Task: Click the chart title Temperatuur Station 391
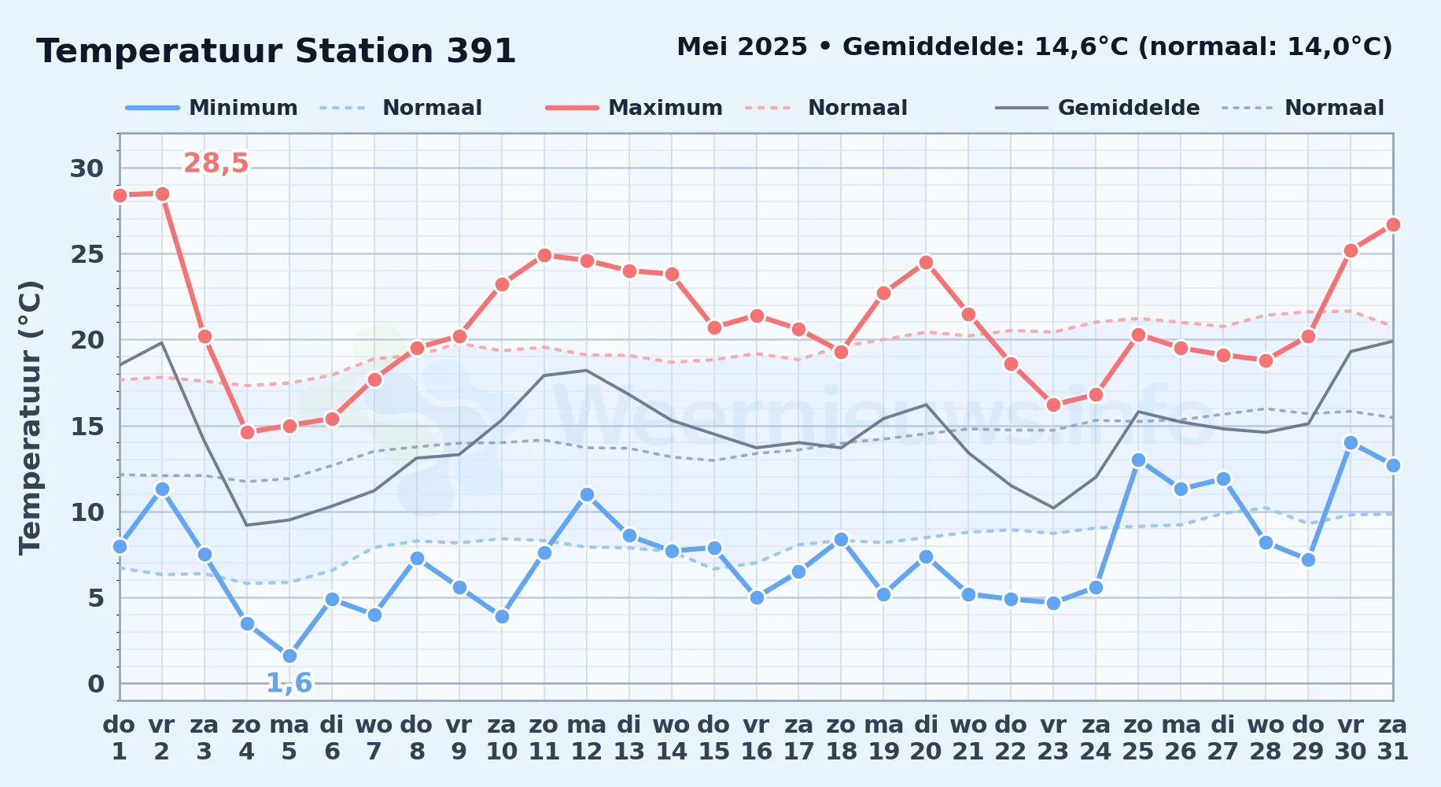pyautogui.click(x=276, y=51)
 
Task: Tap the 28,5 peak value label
pyautogui.click(x=216, y=163)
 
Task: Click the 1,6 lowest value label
pyautogui.click(x=289, y=682)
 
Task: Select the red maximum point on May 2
pyautogui.click(x=162, y=194)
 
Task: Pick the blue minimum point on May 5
pyautogui.click(x=289, y=656)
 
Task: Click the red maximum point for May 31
pyautogui.click(x=1393, y=224)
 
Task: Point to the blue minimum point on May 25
pyautogui.click(x=1138, y=460)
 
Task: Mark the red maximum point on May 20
pyautogui.click(x=926, y=262)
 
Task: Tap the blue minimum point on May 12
pyautogui.click(x=587, y=494)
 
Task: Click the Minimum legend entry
pyautogui.click(x=212, y=108)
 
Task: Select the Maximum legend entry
pyautogui.click(x=635, y=108)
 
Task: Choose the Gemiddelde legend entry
pyautogui.click(x=1098, y=108)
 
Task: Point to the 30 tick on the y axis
pyautogui.click(x=87, y=168)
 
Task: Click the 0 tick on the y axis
pyautogui.click(x=96, y=684)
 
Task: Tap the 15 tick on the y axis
pyautogui.click(x=87, y=427)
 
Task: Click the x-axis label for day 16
pyautogui.click(x=757, y=737)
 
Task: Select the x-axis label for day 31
pyautogui.click(x=1393, y=737)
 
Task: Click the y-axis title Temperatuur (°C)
pyautogui.click(x=30, y=417)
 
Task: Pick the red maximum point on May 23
pyautogui.click(x=1053, y=405)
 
